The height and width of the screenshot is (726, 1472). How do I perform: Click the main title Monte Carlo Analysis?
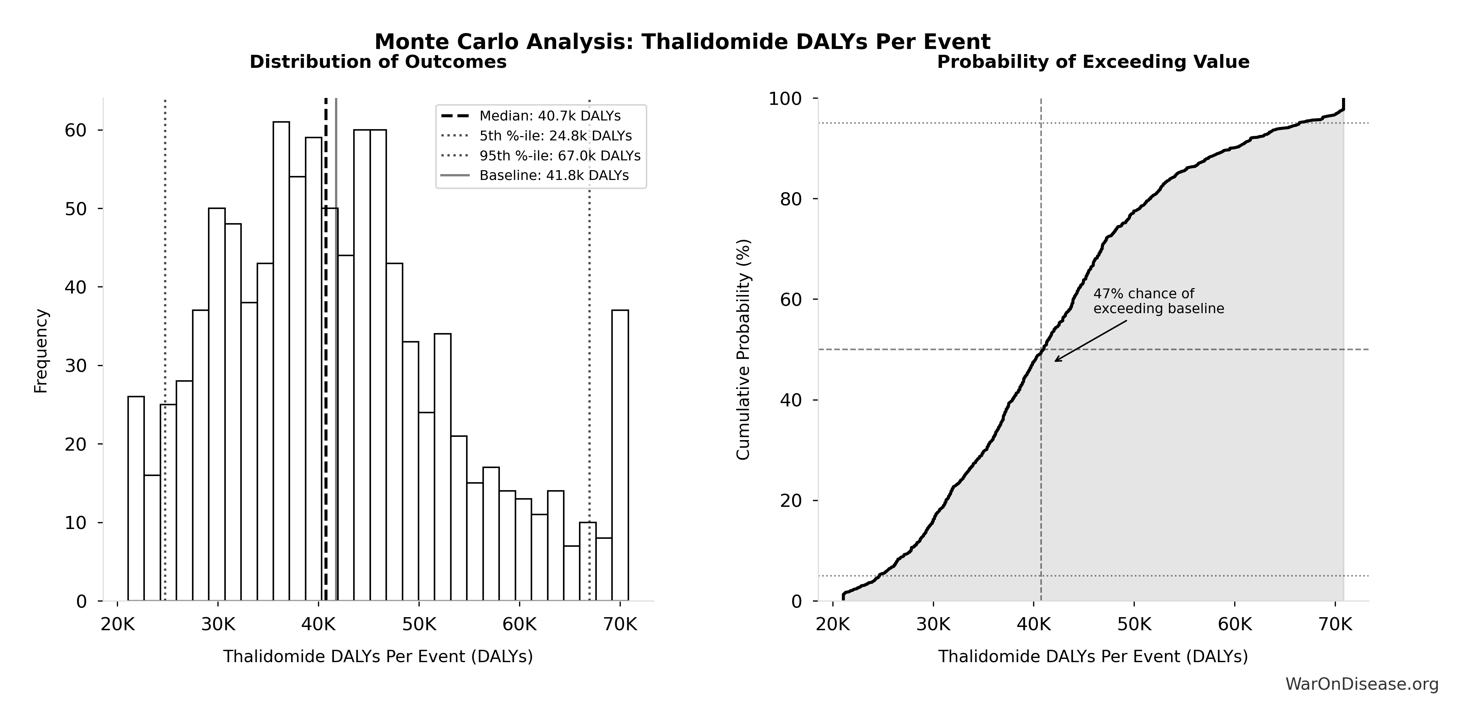pyautogui.click(x=682, y=42)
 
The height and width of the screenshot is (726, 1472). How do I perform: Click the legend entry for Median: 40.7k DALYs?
pyautogui.click(x=549, y=116)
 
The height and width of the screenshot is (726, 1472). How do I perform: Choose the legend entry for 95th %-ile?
pyautogui.click(x=559, y=156)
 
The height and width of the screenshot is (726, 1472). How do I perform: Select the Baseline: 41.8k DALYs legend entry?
pyautogui.click(x=554, y=175)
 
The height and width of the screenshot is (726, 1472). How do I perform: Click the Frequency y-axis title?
pyautogui.click(x=41, y=351)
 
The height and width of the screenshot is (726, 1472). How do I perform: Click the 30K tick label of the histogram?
pyautogui.click(x=218, y=624)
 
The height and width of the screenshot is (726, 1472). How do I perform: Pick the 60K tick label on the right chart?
pyautogui.click(x=1234, y=624)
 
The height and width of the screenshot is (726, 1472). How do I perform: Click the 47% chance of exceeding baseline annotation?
pyautogui.click(x=1158, y=301)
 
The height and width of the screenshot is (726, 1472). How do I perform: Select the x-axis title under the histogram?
pyautogui.click(x=378, y=656)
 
